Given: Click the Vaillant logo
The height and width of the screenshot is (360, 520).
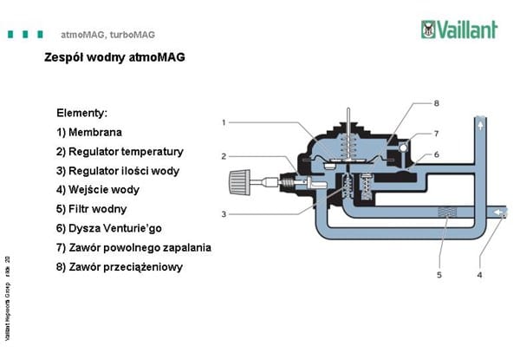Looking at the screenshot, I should click(458, 29).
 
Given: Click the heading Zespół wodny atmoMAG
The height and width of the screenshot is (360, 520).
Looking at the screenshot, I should click(114, 58).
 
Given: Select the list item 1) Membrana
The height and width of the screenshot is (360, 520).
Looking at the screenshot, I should click(88, 132).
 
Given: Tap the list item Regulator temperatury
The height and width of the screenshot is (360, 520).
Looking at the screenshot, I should click(120, 151).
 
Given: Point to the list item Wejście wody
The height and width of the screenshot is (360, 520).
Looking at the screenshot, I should click(97, 189).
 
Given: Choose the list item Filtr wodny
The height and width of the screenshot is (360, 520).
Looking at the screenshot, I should click(91, 209).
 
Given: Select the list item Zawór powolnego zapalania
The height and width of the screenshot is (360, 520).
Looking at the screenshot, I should click(133, 247).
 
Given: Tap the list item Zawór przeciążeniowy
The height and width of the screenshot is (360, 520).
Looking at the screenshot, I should click(119, 266).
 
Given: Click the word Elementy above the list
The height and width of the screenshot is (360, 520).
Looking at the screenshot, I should click(81, 113).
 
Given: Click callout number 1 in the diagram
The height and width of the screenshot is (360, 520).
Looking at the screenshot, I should click(224, 122).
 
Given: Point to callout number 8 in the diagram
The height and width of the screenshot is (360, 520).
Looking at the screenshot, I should click(437, 103).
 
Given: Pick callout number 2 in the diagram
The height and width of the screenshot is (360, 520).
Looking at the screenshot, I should click(224, 156).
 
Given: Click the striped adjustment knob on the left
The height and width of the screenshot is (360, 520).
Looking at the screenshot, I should click(243, 182).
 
